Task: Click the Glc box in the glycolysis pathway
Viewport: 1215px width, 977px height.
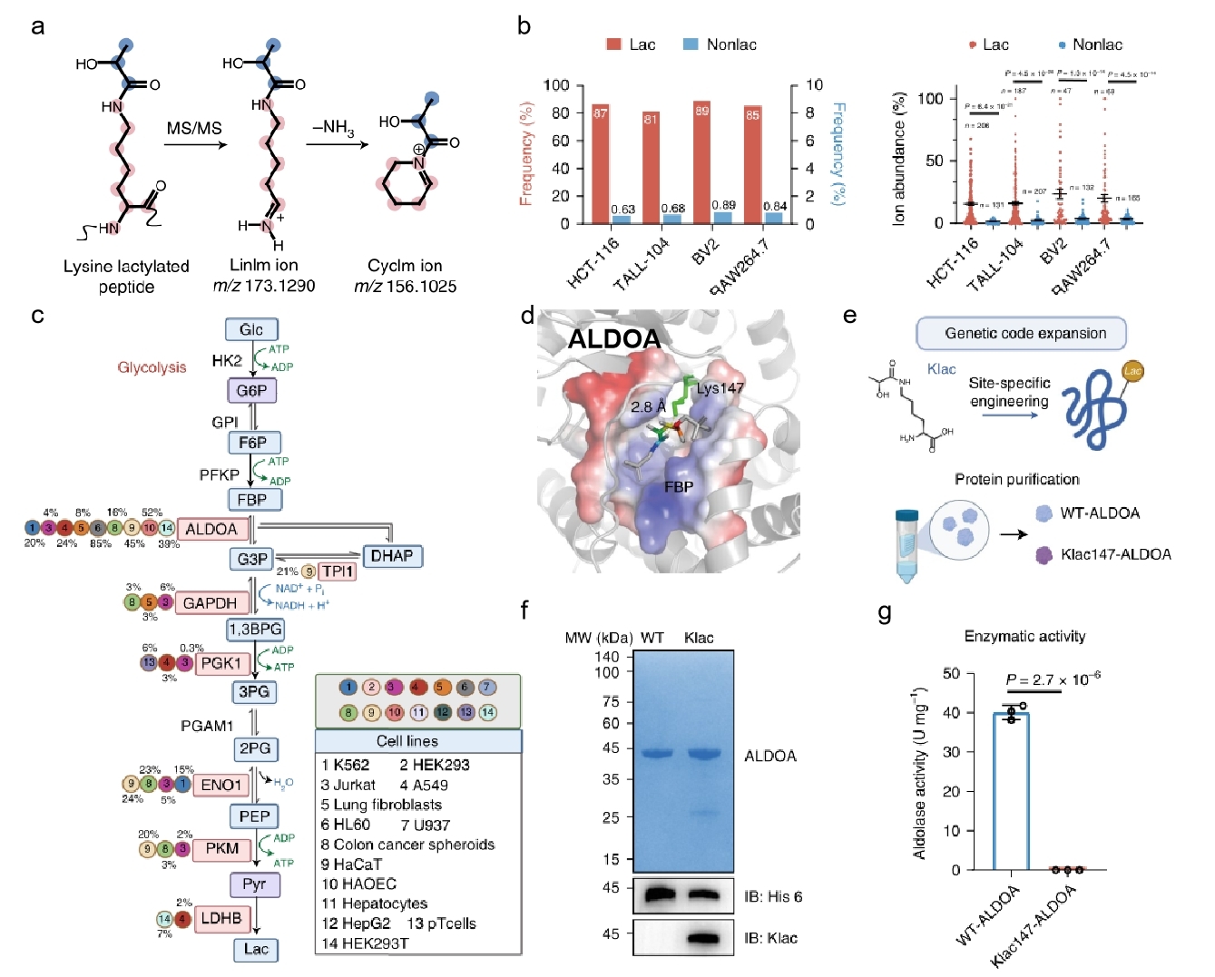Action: (251, 329)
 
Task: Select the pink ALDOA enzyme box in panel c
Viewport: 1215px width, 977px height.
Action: (211, 529)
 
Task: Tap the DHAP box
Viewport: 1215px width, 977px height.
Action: (392, 555)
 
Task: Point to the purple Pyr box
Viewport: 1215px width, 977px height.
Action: (254, 884)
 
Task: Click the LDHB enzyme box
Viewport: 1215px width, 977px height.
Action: (221, 918)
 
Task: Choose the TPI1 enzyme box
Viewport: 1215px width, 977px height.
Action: (337, 572)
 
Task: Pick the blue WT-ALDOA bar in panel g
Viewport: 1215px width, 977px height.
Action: (1011, 791)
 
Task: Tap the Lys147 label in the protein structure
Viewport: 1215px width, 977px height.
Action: (720, 388)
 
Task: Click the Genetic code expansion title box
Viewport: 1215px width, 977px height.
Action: (1021, 333)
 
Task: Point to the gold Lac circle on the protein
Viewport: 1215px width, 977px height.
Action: (1132, 371)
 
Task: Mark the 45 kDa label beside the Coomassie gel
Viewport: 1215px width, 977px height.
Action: (610, 748)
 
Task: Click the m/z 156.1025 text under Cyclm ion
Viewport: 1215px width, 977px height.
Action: (405, 287)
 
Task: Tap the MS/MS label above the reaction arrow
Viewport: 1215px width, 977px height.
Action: (194, 129)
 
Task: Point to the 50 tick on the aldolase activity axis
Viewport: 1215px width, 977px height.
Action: (951, 673)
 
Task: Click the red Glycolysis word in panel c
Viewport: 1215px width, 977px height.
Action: (152, 367)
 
